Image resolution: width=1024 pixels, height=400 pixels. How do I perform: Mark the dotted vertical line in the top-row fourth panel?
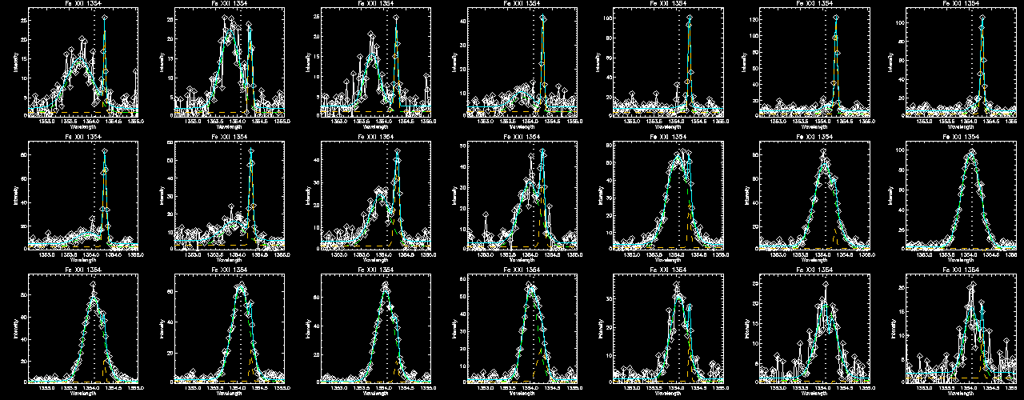pos(533,64)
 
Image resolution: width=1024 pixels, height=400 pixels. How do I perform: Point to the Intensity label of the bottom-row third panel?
pos(307,327)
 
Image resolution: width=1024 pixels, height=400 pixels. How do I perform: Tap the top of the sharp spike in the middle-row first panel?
pos(105,151)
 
